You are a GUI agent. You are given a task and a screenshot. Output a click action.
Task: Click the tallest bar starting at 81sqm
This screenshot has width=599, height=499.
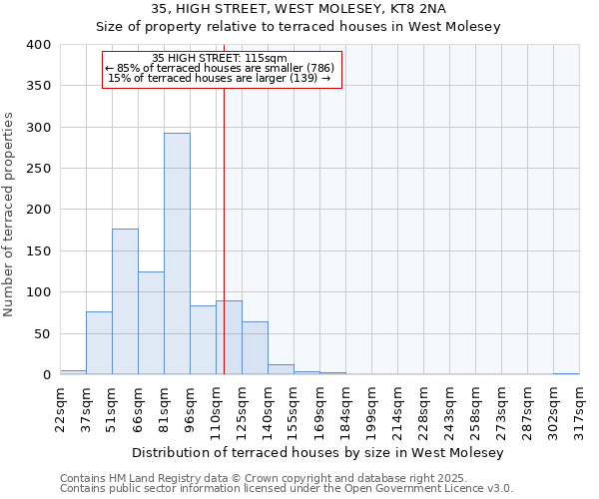pyautogui.click(x=177, y=253)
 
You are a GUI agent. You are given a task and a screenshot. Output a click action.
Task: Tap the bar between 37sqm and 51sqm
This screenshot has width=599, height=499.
pyautogui.click(x=99, y=343)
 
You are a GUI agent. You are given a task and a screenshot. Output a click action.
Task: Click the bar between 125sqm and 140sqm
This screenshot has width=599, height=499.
pyautogui.click(x=255, y=348)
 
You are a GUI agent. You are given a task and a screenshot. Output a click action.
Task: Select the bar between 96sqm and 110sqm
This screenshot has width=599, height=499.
pyautogui.click(x=203, y=340)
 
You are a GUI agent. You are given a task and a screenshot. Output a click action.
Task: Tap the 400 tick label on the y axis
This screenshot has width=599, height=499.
pyautogui.click(x=38, y=45)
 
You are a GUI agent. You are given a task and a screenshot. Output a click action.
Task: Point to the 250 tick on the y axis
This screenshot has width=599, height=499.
pyautogui.click(x=38, y=169)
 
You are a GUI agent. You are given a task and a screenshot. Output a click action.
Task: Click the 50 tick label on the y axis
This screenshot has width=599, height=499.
pyautogui.click(x=42, y=333)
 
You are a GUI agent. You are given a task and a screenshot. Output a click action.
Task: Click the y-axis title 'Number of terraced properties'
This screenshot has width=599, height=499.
pyautogui.click(x=9, y=215)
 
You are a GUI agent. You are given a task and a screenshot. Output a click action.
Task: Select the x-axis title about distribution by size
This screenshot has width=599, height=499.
pyautogui.click(x=318, y=453)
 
